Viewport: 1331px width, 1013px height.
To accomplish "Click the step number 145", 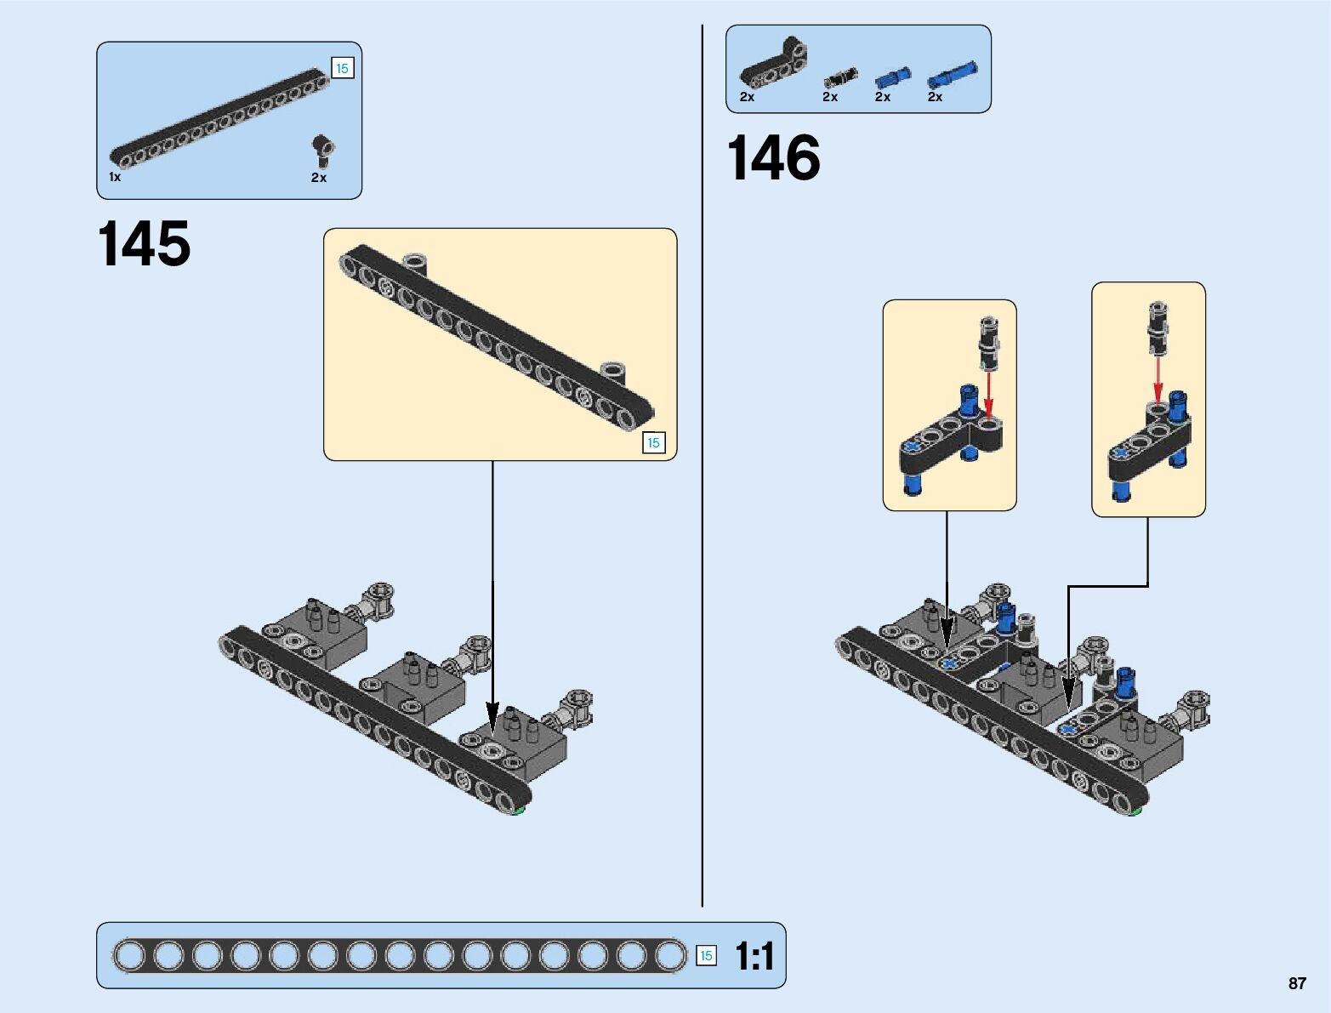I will click(x=145, y=244).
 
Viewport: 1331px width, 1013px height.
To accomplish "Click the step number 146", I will click(x=773, y=158).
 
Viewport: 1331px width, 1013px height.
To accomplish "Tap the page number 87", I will click(x=1296, y=983).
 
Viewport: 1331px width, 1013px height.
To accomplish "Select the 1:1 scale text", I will click(x=754, y=956).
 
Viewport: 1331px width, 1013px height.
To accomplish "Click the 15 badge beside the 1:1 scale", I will click(x=705, y=955).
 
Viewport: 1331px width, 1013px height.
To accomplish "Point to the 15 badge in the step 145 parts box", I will click(x=342, y=69).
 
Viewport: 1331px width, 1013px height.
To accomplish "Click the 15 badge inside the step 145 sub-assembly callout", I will click(x=653, y=442).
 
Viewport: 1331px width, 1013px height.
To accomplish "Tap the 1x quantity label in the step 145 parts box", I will click(x=115, y=177).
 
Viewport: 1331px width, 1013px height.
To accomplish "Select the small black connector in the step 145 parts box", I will click(x=322, y=151).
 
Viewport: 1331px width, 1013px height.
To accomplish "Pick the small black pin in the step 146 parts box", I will click(x=840, y=78).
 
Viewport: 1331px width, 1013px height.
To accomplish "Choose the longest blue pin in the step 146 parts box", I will click(x=952, y=75).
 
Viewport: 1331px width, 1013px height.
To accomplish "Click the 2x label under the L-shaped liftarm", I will click(x=747, y=97).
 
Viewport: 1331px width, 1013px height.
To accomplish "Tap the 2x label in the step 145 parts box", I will click(x=319, y=178).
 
